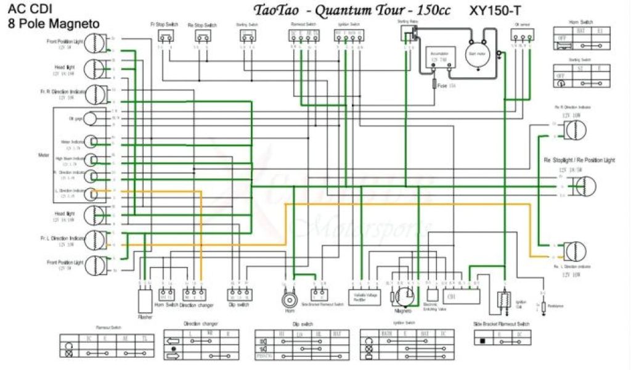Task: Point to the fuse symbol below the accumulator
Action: (x=434, y=85)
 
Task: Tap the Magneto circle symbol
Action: (x=404, y=296)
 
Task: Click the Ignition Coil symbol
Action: (x=502, y=300)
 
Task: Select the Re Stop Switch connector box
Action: (x=203, y=36)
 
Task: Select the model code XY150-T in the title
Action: (x=500, y=10)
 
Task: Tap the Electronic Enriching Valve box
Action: (x=431, y=294)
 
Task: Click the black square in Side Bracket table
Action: (x=482, y=340)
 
